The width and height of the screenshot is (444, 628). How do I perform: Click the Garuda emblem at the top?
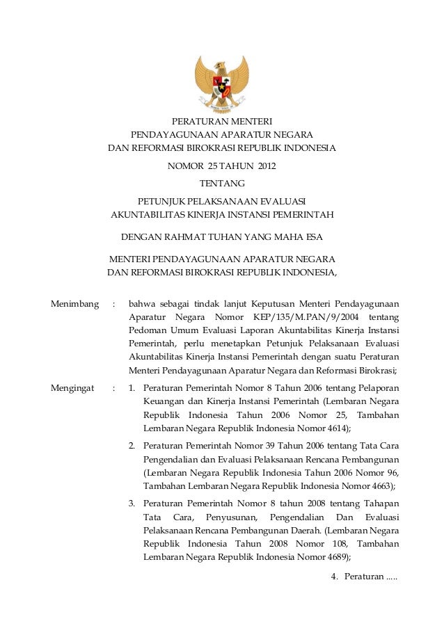222,83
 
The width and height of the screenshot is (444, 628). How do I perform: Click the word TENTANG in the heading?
222,184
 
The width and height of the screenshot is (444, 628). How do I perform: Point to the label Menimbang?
74,304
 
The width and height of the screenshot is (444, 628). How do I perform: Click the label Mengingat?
72,388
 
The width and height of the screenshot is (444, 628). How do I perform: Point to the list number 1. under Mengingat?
132,388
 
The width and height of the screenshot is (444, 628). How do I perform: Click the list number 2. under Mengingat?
132,445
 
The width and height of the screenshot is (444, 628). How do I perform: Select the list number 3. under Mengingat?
132,502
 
